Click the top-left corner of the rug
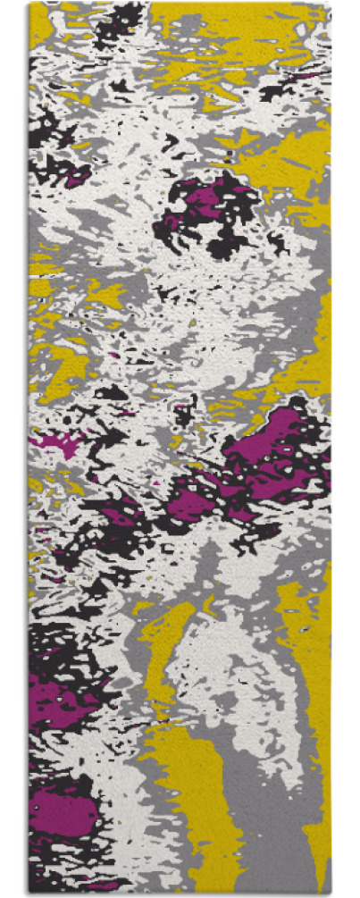[x=29, y=4]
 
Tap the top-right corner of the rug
[x=330, y=4]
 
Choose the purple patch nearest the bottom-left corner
[x=63, y=813]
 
